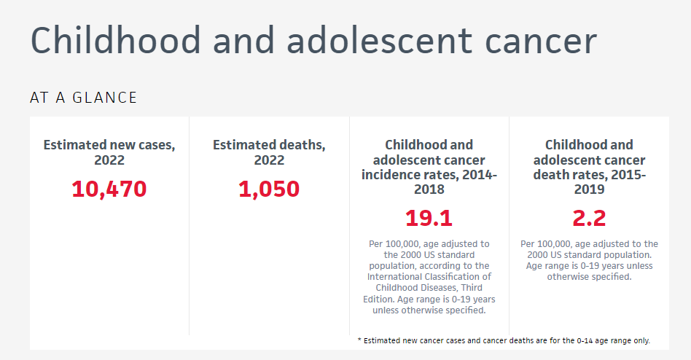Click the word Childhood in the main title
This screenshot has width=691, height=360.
point(115,40)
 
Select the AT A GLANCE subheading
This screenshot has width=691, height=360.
point(83,98)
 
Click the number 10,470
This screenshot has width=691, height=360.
point(109,189)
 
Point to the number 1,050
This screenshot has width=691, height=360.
point(269,189)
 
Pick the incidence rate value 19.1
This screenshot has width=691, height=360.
point(429,219)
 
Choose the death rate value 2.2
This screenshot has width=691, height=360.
point(589,219)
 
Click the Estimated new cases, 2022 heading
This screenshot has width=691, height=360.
point(109,152)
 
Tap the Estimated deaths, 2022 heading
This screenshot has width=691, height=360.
point(269,152)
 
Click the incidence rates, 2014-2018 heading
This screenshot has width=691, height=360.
point(429,167)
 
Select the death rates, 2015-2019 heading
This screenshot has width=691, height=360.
point(589,167)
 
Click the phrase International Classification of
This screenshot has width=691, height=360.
point(429,277)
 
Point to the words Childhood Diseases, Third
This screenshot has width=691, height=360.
point(429,288)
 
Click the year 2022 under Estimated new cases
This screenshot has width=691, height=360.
point(109,160)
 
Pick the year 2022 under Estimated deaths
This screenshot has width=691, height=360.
point(269,160)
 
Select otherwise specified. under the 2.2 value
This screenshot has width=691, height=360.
point(589,277)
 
